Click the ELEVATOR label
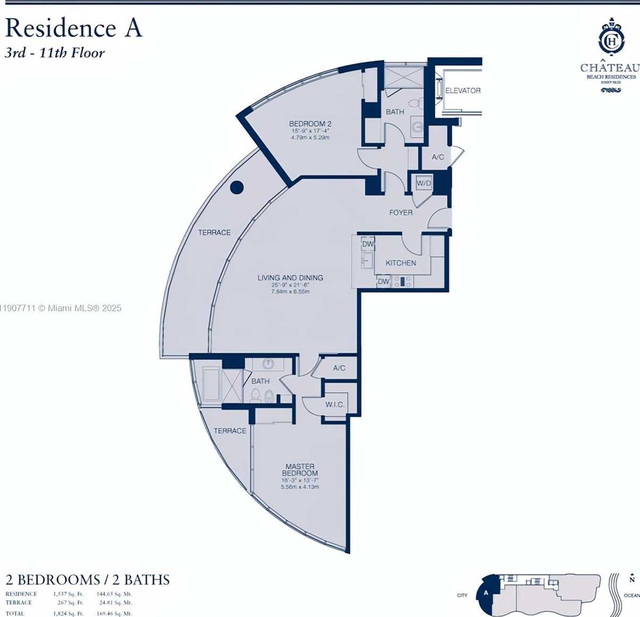(462, 91)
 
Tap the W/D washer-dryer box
(424, 183)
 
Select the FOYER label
(401, 212)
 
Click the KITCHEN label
(401, 263)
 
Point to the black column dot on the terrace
(237, 187)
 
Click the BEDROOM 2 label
(310, 124)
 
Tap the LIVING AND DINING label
(290, 278)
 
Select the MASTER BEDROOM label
(300, 469)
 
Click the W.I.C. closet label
(335, 405)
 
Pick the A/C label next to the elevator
(438, 157)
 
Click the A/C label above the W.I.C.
(339, 368)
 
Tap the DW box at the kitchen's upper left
(368, 244)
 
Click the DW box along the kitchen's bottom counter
(383, 281)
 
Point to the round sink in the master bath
(268, 364)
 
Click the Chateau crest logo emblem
(611, 39)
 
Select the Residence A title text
(74, 28)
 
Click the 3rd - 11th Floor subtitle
(55, 53)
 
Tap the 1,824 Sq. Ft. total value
(68, 613)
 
